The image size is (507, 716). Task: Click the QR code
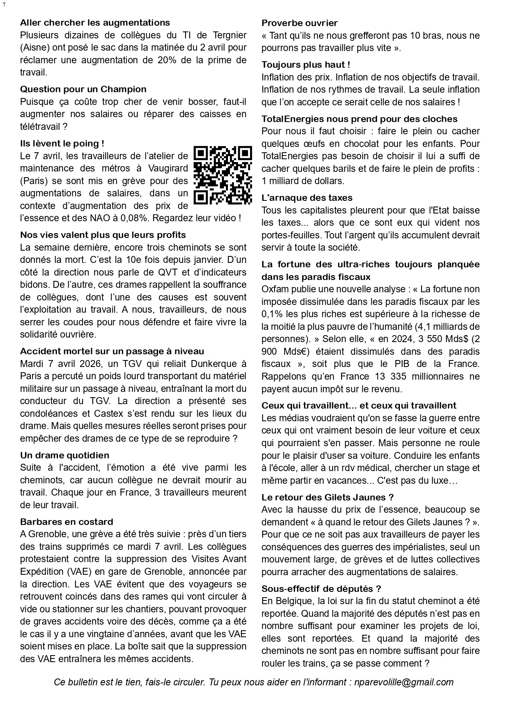tap(222, 175)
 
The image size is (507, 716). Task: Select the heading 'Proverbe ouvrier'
tap(299, 23)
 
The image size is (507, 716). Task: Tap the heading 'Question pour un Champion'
tap(83, 89)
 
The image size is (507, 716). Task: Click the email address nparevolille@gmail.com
tap(404, 682)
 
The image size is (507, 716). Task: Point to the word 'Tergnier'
tap(230, 35)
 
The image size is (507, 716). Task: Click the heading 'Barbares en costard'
tap(67, 522)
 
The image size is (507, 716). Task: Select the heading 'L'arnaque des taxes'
tap(307, 198)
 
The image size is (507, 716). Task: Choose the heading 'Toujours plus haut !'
tap(306, 65)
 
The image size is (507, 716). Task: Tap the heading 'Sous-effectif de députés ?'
tap(321, 589)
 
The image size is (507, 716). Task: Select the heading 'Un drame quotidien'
tap(65, 455)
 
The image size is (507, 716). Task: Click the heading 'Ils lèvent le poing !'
tap(62, 144)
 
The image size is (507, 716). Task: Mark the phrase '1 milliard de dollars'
tap(303, 181)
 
